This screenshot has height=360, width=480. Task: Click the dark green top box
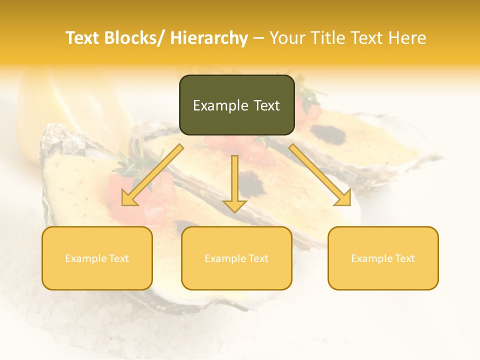(236, 105)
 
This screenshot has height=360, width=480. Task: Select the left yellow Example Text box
(97, 258)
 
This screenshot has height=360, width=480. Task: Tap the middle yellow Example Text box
(236, 258)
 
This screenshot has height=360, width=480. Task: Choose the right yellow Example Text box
(383, 258)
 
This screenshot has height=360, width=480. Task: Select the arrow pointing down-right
(320, 175)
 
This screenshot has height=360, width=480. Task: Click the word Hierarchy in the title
(209, 38)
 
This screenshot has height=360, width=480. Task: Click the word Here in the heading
(408, 38)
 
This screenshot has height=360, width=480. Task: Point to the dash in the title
(258, 38)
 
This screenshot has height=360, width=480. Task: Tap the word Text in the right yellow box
(405, 258)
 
